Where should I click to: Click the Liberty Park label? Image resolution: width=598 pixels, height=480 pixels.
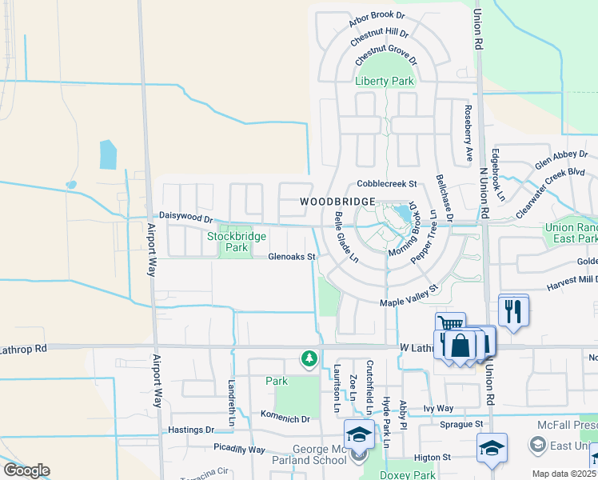click(385, 81)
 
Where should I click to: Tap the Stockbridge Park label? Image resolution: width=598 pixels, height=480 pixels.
click(228, 242)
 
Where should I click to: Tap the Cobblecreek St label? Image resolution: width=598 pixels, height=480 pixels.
click(388, 183)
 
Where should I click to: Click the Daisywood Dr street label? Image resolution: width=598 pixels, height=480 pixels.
click(186, 217)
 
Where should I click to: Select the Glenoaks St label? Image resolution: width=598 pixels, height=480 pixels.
click(293, 257)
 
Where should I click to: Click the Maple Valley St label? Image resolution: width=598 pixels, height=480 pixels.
click(409, 296)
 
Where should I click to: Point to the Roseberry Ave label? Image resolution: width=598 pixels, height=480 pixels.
click(468, 133)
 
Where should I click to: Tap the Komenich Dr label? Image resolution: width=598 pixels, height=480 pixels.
click(285, 418)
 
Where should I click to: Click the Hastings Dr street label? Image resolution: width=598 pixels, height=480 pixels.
click(193, 430)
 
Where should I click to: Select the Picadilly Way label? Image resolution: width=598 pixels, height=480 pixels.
click(239, 449)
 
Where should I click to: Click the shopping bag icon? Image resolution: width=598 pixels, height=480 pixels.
click(460, 346)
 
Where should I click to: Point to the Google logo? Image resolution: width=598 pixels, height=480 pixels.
click(26, 470)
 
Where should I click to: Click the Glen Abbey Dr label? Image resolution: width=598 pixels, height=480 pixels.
click(554, 161)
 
